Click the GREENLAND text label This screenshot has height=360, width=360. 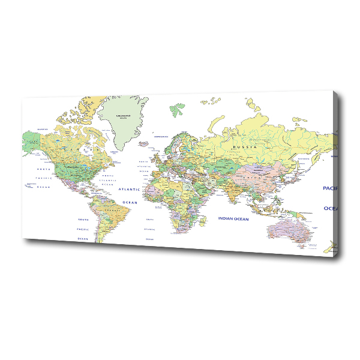(124, 113)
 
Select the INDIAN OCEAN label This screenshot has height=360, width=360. (233, 219)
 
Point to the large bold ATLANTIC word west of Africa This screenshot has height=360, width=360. (129, 189)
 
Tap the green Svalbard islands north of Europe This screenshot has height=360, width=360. (177, 110)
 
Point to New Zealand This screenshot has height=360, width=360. (329, 246)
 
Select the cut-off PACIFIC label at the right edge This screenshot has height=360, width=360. (329, 188)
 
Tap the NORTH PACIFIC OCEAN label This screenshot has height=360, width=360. (42, 178)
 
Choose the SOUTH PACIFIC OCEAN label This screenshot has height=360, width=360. (82, 229)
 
